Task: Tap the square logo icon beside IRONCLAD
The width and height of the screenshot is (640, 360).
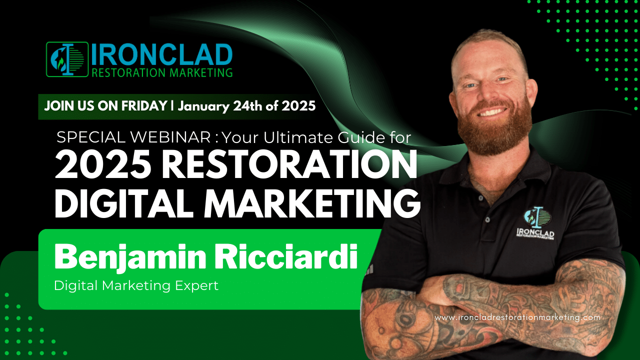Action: [x=67, y=59]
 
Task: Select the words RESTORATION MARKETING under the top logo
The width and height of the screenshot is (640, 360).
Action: [x=162, y=72]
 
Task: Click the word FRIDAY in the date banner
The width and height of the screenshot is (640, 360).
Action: [x=144, y=106]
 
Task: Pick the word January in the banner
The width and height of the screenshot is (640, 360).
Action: [x=203, y=106]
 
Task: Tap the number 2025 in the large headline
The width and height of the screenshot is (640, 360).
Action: [x=103, y=165]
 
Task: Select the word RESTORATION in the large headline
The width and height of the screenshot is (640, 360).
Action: [x=290, y=165]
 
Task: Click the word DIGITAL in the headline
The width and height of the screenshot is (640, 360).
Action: [x=123, y=203]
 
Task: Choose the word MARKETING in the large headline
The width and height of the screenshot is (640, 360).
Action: [x=312, y=203]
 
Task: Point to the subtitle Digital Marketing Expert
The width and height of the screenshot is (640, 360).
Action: [x=136, y=285]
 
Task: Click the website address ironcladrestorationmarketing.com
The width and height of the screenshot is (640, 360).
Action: [x=517, y=317]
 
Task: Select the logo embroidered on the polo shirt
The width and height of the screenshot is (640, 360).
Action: [x=535, y=223]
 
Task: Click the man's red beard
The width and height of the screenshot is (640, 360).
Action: [x=495, y=128]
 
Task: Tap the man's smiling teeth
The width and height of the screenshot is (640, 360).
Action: [x=493, y=111]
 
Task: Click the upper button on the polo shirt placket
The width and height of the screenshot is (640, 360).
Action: [x=481, y=197]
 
